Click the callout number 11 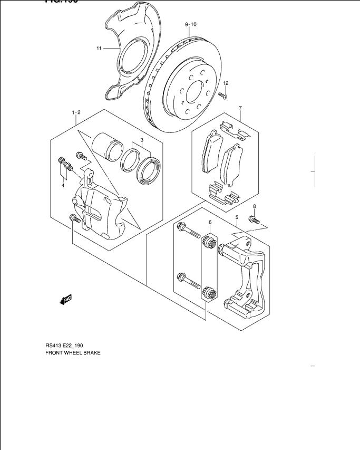99,49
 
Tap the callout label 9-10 190,25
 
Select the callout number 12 226,83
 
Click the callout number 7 240,108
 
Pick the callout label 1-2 76,112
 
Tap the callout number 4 63,185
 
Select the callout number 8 254,206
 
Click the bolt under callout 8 256,219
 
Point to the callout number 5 237,217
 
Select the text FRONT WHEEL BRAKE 73,352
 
